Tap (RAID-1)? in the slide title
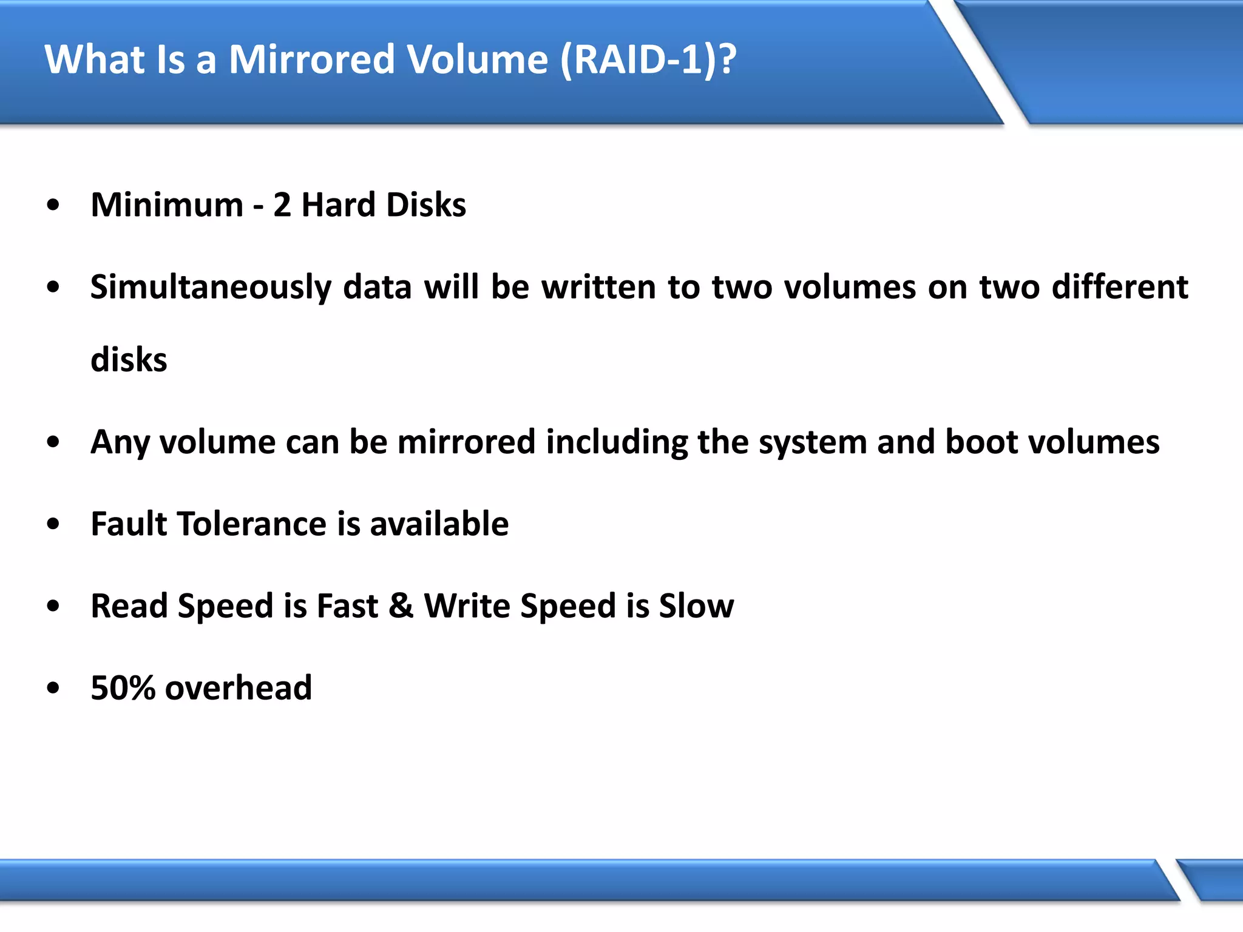(x=648, y=59)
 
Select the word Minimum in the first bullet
(x=167, y=205)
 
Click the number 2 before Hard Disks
(x=282, y=205)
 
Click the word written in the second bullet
(x=598, y=287)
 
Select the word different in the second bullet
(x=1120, y=287)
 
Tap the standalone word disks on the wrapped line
(x=129, y=360)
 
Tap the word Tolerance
(x=252, y=524)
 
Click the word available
(x=439, y=524)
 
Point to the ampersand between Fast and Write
(x=401, y=606)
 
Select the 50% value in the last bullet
(x=123, y=688)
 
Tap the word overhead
(x=239, y=688)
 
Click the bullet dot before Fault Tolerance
(x=53, y=524)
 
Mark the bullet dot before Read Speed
(x=53, y=606)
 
